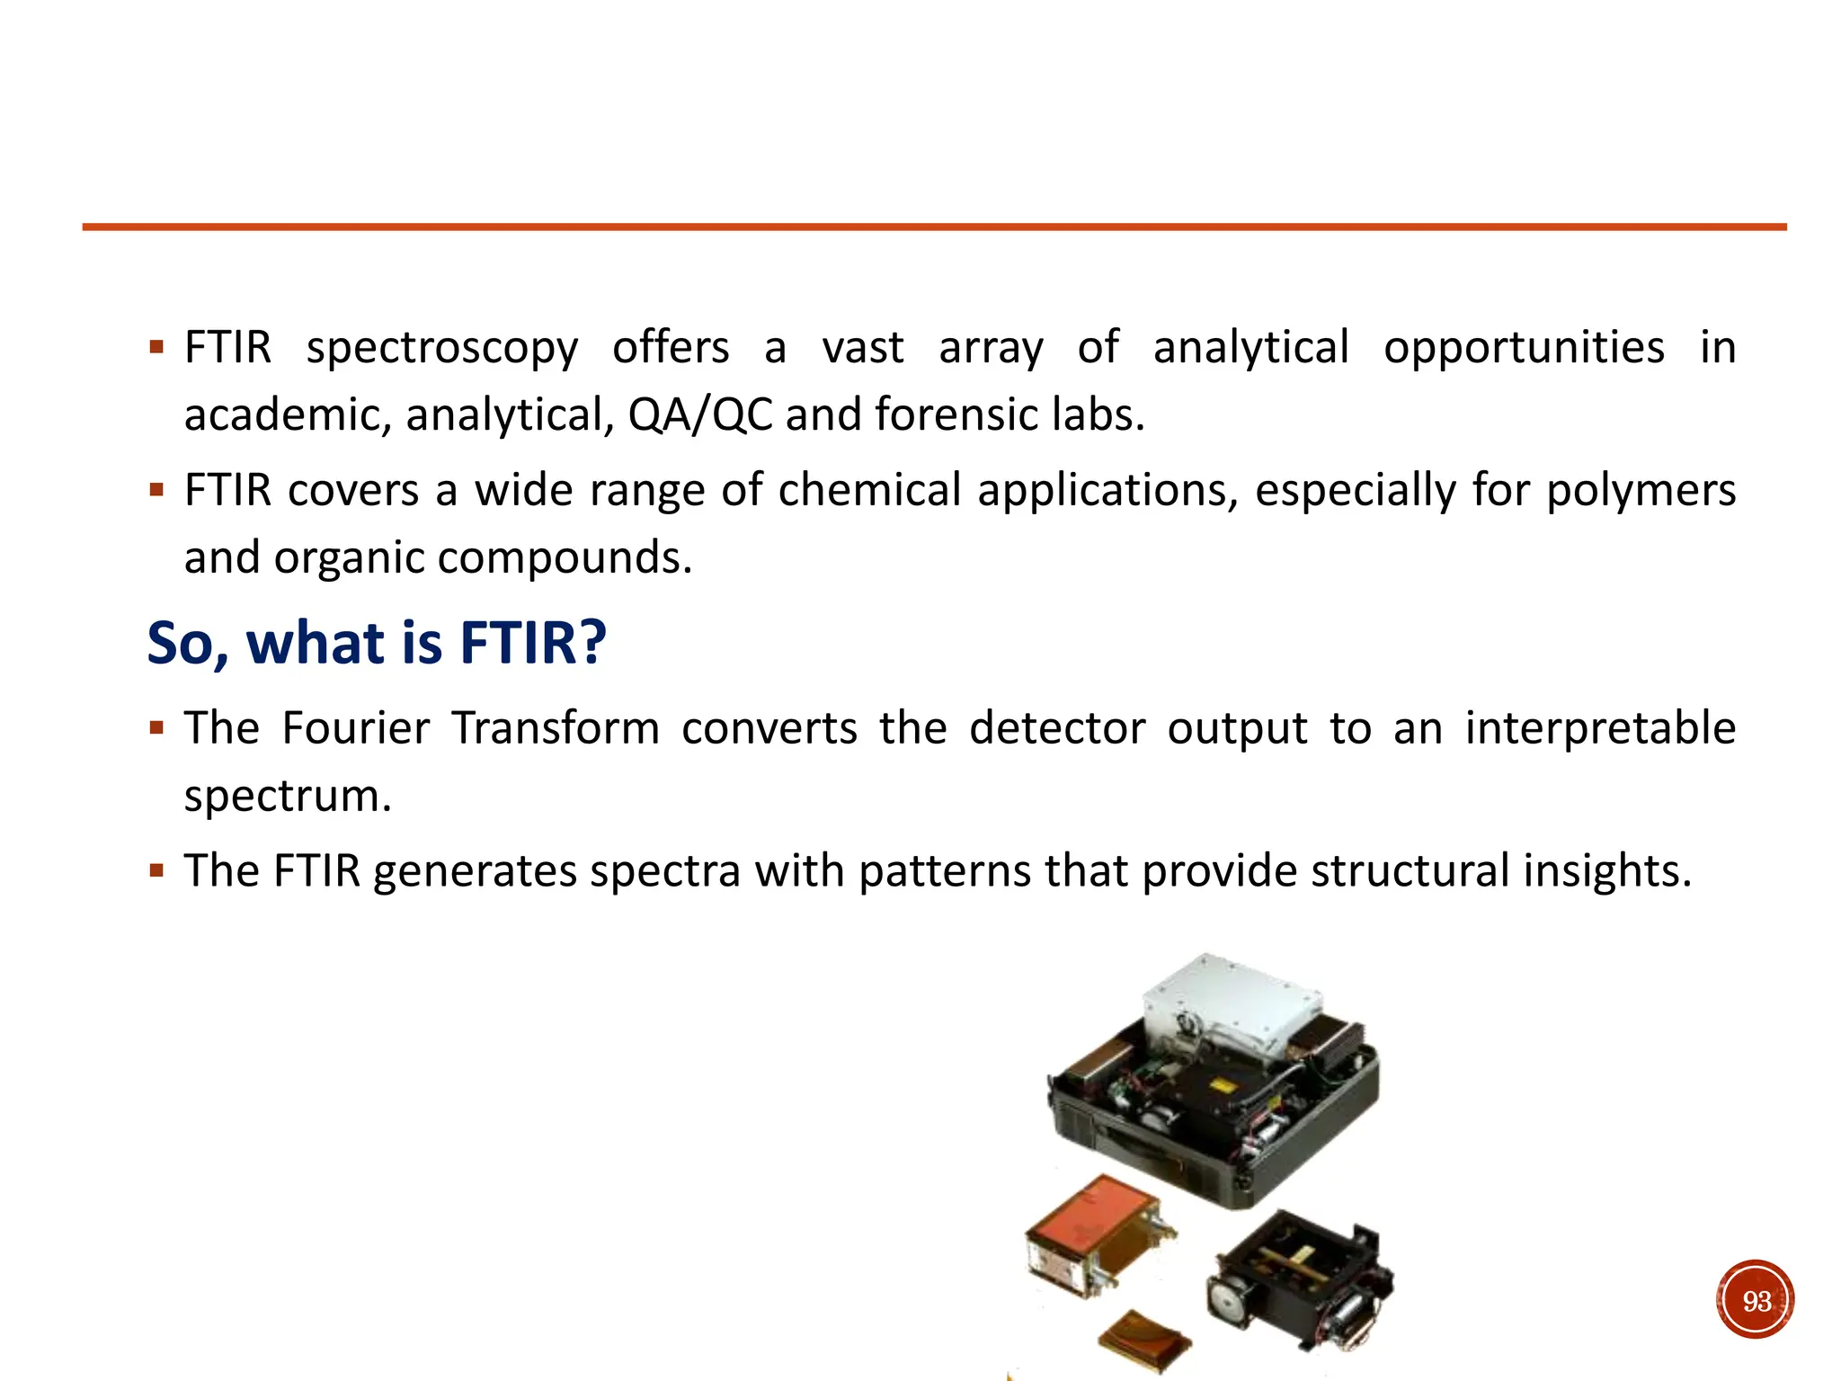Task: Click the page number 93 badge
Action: coord(1755,1300)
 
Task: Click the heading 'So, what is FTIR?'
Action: coord(377,643)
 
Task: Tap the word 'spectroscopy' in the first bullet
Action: coord(442,348)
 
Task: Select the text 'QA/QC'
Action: coord(700,414)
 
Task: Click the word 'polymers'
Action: coord(1641,491)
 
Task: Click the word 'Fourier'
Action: coord(355,727)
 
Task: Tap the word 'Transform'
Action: coord(556,727)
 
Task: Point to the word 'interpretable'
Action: coord(1600,727)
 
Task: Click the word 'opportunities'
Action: coord(1524,348)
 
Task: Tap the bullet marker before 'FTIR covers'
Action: coord(157,491)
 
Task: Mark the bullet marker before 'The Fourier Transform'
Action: coord(157,727)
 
